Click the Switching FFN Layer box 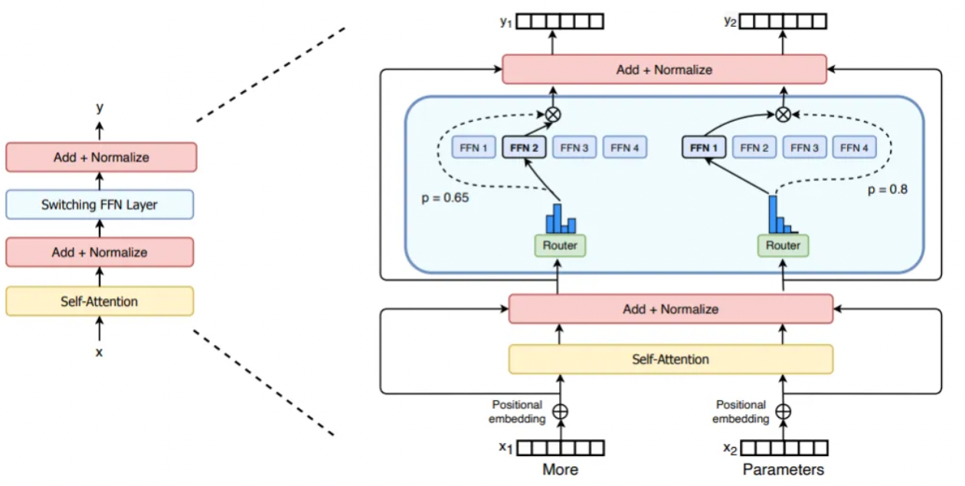(100, 205)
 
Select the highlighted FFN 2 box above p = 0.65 (525, 147)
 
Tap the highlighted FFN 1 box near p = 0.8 (704, 147)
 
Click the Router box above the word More (560, 245)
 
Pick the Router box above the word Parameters (783, 245)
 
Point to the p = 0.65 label (445, 198)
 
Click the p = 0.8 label (888, 189)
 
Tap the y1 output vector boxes (560, 21)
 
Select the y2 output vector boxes (783, 21)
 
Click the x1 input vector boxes (561, 448)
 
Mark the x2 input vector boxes (784, 448)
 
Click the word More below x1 (560, 469)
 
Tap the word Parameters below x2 (783, 469)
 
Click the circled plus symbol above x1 (560, 412)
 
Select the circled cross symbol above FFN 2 (553, 114)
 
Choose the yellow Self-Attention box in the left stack (100, 301)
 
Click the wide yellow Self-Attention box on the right (671, 360)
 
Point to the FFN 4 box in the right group (854, 147)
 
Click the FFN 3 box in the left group (574, 147)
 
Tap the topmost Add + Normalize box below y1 (664, 69)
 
